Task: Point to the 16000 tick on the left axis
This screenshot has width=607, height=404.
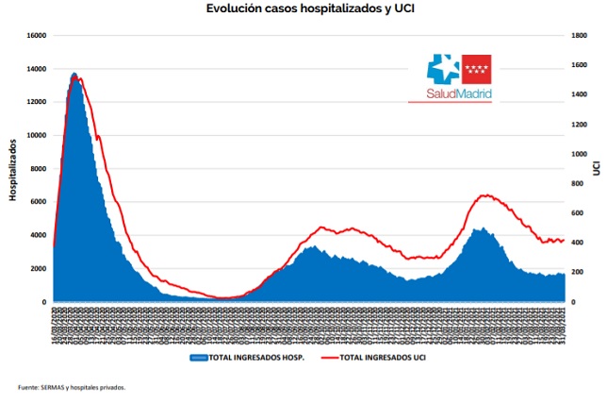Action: [x=35, y=36]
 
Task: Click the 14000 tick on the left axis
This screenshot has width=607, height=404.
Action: [x=35, y=69]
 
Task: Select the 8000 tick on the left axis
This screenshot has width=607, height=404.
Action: [x=37, y=169]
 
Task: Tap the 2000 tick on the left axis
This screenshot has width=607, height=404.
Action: [x=37, y=269]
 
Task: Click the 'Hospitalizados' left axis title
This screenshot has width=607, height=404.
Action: [x=13, y=169]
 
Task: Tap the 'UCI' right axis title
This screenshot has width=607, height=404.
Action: [x=597, y=167]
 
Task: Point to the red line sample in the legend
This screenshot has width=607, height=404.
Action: [x=329, y=359]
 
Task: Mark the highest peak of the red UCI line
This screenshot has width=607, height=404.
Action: [x=80, y=78]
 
